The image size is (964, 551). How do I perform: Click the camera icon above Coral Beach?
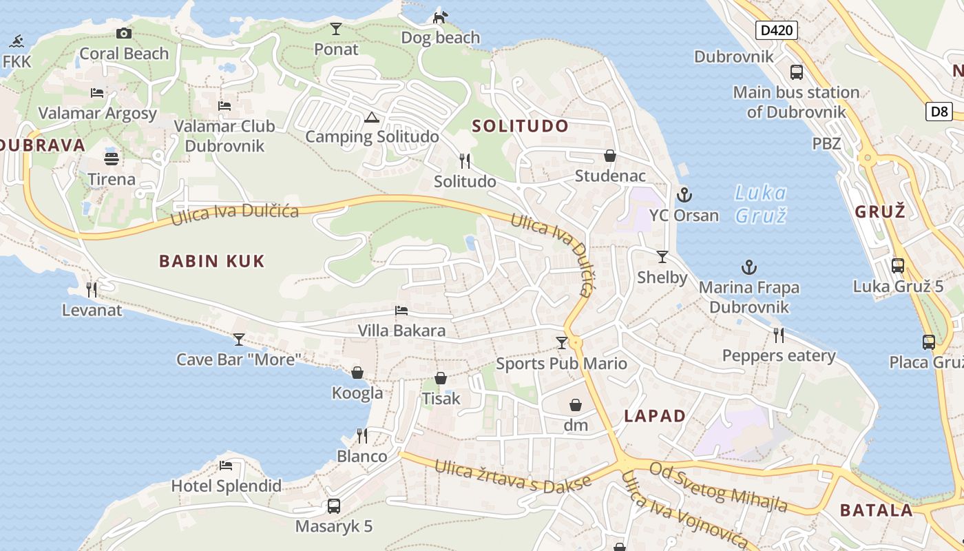[124, 33]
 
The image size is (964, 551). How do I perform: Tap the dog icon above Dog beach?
[440, 17]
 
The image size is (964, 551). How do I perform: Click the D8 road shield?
[939, 112]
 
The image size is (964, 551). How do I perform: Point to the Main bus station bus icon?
[796, 72]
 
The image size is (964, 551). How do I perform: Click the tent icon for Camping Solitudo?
[372, 117]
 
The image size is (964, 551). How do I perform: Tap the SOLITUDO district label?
[521, 126]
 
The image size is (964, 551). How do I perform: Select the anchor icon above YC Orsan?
[684, 195]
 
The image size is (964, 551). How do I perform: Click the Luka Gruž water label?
[760, 204]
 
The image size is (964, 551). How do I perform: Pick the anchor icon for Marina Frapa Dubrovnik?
[748, 267]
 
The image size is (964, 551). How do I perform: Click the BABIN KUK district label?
[212, 261]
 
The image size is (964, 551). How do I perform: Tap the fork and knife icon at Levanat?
[92, 290]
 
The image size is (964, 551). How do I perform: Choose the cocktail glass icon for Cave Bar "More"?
[239, 339]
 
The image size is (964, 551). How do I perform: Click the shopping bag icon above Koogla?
[357, 373]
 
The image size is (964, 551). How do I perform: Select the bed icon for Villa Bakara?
[401, 311]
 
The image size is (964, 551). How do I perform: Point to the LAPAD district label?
[655, 416]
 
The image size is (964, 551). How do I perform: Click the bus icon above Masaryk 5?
[334, 506]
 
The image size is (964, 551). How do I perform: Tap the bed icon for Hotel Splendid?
[226, 465]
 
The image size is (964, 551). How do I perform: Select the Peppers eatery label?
[779, 356]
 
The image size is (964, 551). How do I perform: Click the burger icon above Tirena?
[112, 158]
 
